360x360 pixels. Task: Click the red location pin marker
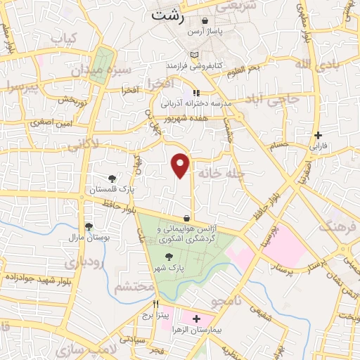(x=181, y=165)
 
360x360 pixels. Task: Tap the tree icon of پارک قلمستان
(x=112, y=179)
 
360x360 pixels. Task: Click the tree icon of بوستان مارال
(x=89, y=226)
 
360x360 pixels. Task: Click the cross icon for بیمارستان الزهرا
(x=196, y=319)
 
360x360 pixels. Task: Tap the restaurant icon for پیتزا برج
(x=157, y=304)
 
